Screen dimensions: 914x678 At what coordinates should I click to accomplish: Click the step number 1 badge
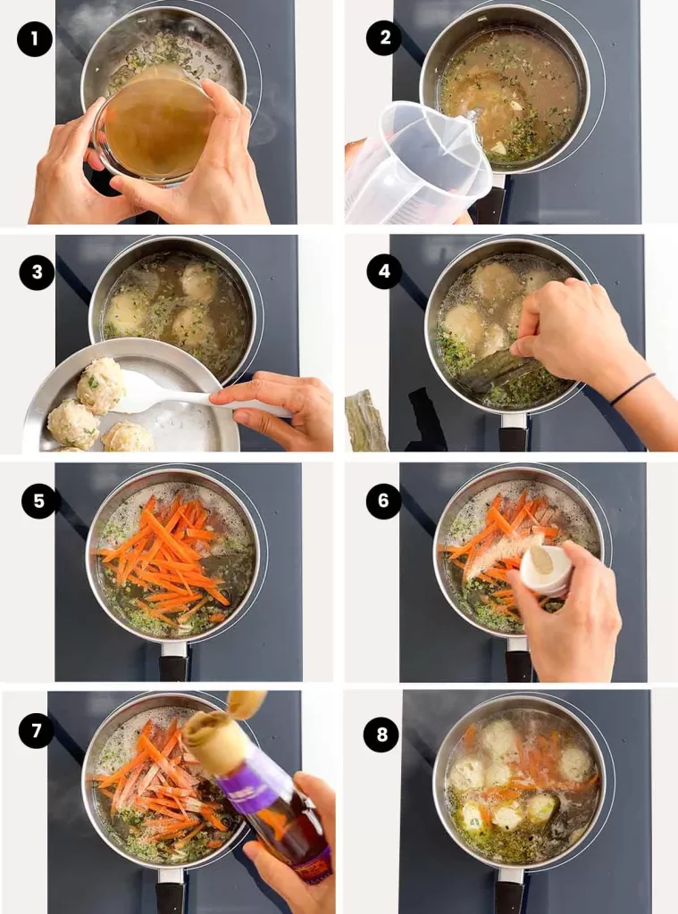point(35,38)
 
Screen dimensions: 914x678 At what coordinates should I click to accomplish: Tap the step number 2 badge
point(383,38)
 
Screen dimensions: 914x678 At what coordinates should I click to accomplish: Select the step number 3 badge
point(37,272)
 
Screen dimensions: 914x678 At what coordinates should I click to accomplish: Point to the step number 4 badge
point(384,272)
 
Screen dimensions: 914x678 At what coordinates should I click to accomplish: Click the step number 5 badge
point(39,501)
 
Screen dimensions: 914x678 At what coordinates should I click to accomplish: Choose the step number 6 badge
point(383,501)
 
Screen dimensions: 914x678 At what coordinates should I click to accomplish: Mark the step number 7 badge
point(37,731)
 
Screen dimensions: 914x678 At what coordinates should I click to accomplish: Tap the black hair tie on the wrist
point(632,389)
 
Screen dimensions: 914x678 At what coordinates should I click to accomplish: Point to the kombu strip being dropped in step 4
point(500,370)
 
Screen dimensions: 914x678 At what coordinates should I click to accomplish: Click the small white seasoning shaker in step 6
point(546,569)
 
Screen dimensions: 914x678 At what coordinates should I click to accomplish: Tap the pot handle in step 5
point(173,661)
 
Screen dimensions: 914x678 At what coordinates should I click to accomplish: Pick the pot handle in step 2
point(491,201)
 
